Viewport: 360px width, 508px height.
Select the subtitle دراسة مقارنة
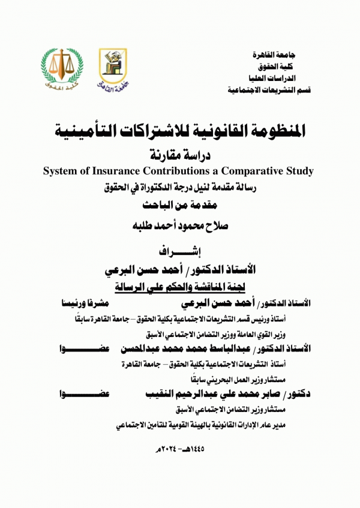click(x=180, y=154)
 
